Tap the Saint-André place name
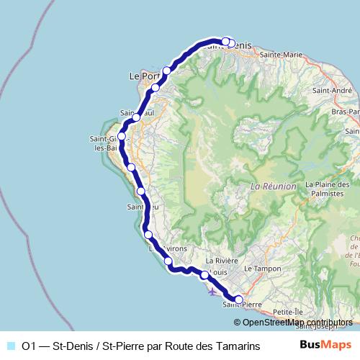point(332,91)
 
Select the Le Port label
point(140,75)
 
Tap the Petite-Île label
point(289,312)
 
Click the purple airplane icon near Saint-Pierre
point(210,292)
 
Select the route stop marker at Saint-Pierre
point(239,300)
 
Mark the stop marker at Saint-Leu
point(141,192)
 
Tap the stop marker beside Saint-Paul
point(136,117)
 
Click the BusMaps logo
point(325,345)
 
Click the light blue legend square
point(11,346)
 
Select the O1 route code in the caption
point(30,346)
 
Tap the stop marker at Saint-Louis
point(204,275)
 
